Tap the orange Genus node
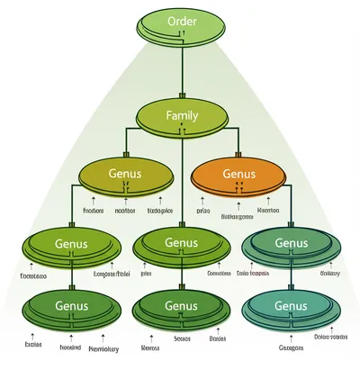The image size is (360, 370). pos(238,176)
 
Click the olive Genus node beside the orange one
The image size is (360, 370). pos(125,176)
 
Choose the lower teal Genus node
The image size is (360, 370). pos(291,310)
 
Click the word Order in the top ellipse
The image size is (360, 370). pos(183,20)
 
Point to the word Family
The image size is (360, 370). pos(183,115)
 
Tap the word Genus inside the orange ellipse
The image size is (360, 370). pos(238,172)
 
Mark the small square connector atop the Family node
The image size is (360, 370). pos(183,95)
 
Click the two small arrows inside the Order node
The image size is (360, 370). pos(183,35)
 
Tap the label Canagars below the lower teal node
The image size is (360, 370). pos(292,347)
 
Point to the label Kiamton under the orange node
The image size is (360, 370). pos(269,210)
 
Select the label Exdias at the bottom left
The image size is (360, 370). pos(35,344)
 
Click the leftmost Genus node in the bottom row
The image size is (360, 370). pos(71,310)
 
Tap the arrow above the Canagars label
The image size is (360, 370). pos(291,336)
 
